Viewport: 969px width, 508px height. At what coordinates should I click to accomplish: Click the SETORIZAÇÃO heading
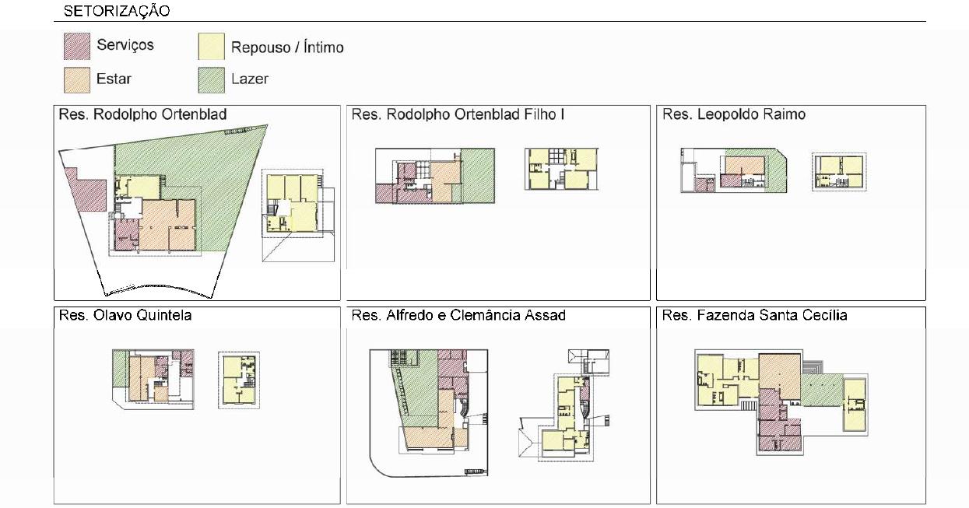click(x=117, y=11)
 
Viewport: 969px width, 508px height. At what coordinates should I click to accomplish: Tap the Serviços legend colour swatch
click(x=77, y=46)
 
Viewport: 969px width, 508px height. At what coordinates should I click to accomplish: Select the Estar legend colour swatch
click(x=77, y=80)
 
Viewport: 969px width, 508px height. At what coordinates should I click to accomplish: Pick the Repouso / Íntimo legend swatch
click(x=212, y=46)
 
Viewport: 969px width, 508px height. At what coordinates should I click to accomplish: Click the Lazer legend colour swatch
click(x=212, y=80)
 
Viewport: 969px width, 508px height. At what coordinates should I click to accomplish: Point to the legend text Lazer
click(x=250, y=79)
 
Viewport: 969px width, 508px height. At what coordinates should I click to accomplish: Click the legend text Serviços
click(x=125, y=45)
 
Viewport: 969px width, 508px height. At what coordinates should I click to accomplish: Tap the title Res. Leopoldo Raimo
click(x=734, y=114)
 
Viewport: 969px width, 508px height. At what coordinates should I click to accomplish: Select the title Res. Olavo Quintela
click(x=125, y=315)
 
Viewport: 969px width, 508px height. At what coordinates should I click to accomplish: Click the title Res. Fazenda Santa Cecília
click(x=754, y=315)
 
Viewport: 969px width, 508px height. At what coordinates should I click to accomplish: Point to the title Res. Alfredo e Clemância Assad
click(x=458, y=315)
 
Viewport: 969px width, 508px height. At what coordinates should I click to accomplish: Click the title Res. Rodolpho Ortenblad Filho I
click(x=458, y=114)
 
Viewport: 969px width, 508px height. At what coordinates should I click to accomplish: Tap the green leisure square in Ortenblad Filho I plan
click(x=478, y=176)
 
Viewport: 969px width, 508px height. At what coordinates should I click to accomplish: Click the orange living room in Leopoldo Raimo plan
click(x=745, y=165)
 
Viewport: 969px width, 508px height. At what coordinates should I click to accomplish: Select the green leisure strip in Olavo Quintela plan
click(x=119, y=369)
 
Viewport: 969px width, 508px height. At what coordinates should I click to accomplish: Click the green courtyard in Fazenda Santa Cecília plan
click(x=821, y=389)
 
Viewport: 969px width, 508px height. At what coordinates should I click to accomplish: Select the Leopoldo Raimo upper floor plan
click(x=839, y=172)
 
